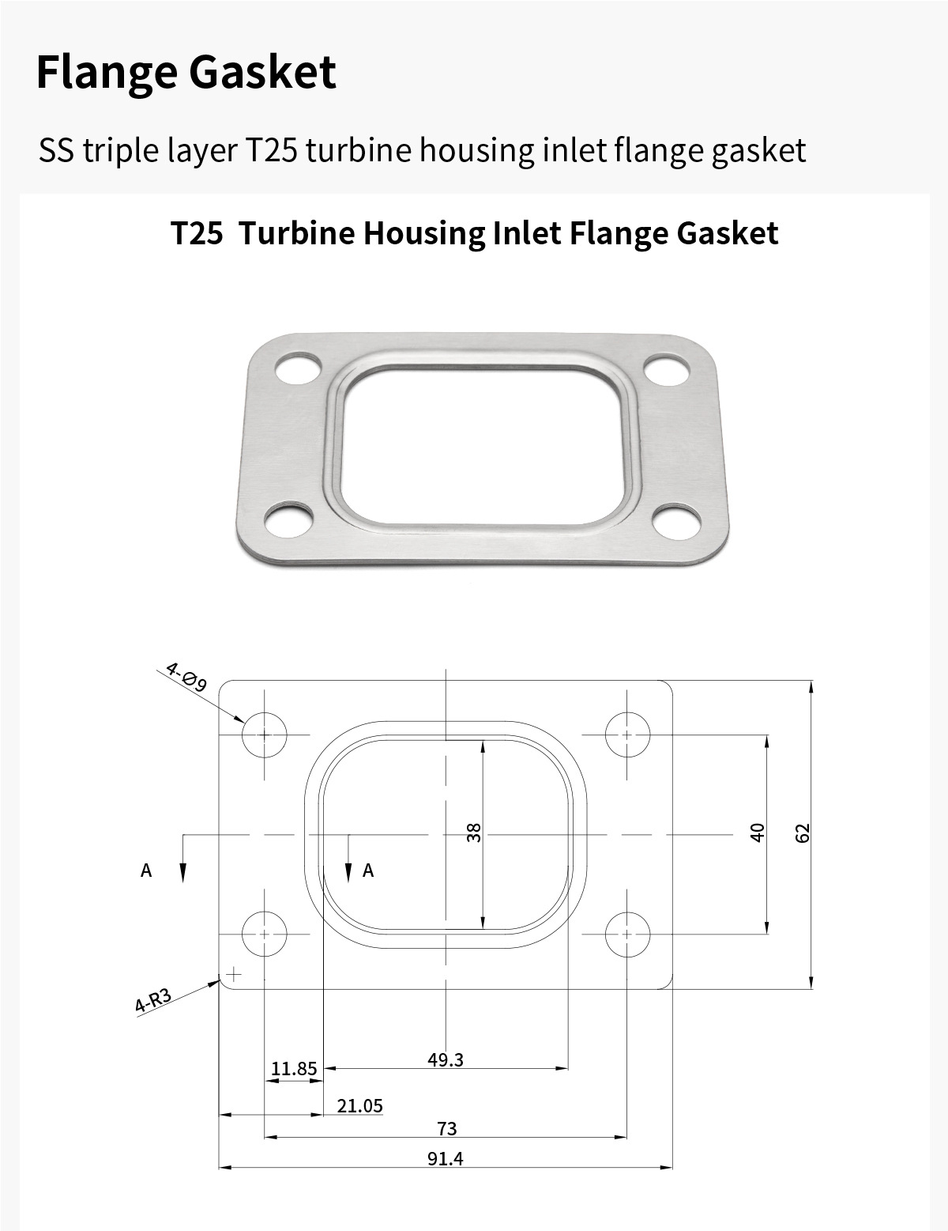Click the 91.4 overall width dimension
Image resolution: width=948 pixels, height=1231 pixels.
[x=446, y=1159]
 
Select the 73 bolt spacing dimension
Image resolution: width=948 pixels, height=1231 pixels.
[x=446, y=1128]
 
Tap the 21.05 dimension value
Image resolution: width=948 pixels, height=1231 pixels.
[x=360, y=1105]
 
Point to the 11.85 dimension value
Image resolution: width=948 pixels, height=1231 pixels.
[x=294, y=1068]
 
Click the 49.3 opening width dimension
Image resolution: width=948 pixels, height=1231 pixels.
[x=446, y=1059]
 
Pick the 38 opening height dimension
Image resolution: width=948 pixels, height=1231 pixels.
[x=474, y=833]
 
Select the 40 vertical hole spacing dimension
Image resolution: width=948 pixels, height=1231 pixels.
[x=758, y=833]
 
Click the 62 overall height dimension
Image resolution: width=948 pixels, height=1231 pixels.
[x=803, y=833]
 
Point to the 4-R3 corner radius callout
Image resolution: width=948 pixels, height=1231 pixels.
[x=152, y=1000]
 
